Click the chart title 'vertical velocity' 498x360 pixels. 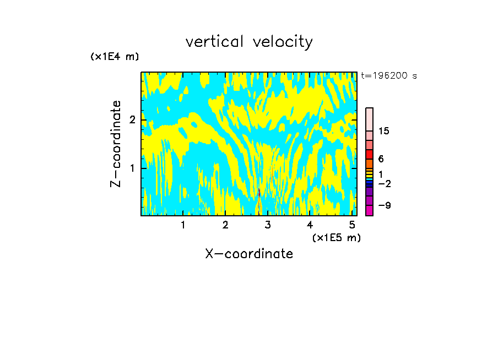point(249,42)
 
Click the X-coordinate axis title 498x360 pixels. point(249,254)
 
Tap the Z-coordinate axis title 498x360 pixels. point(116,144)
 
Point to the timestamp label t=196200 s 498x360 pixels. point(388,76)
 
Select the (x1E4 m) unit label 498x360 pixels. point(115,57)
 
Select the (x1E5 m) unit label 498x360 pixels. point(336,237)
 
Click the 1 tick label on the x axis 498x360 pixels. point(183,225)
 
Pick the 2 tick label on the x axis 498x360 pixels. point(225,225)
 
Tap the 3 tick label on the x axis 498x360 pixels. point(268,225)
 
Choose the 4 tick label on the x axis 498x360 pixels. point(310,225)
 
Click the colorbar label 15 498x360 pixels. point(384,131)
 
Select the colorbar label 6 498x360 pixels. point(380,159)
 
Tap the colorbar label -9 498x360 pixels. point(384,205)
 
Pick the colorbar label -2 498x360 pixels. point(384,183)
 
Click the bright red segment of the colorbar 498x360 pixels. point(369,154)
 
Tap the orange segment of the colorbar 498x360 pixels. point(369,163)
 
